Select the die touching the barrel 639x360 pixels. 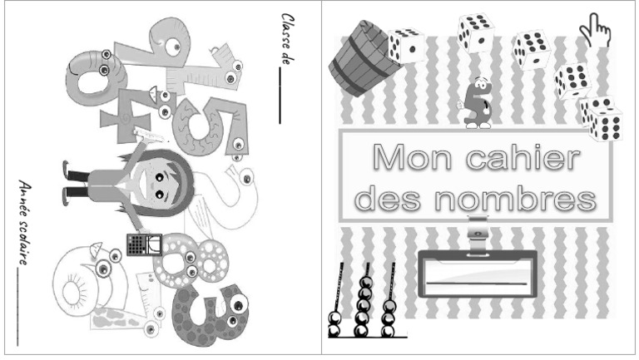point(406,46)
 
